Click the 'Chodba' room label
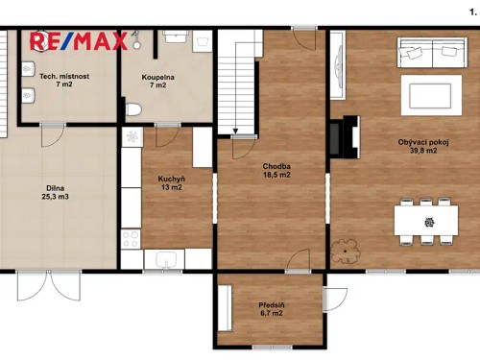tap(276, 166)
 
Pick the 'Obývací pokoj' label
tap(422, 142)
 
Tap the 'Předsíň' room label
tap(271, 305)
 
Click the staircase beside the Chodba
tap(235, 82)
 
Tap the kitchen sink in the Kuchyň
tap(164, 259)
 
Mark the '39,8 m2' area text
tap(422, 152)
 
